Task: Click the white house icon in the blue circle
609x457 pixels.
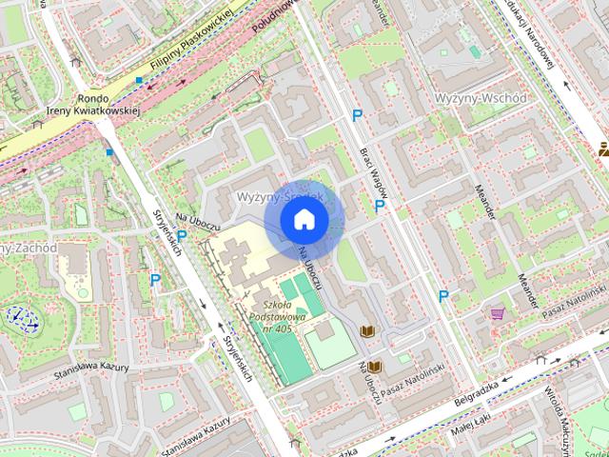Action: click(304, 219)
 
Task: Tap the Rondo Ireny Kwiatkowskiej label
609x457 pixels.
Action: click(92, 104)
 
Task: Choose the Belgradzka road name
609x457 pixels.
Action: click(477, 398)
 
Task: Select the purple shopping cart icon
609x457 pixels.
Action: click(497, 311)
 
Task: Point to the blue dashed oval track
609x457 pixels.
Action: click(19, 318)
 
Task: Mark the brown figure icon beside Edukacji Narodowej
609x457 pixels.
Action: click(602, 148)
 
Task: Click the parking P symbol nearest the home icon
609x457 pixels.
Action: click(380, 206)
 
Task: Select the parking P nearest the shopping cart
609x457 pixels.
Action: click(443, 297)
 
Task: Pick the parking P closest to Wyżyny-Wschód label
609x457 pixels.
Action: click(358, 116)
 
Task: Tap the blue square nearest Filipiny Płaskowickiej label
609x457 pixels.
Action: click(140, 81)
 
